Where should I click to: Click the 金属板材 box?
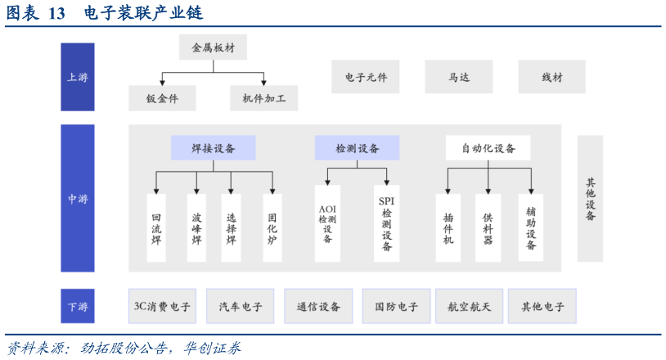(213, 47)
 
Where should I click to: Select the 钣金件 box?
(162, 98)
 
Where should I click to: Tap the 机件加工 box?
(263, 98)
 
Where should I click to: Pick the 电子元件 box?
(365, 77)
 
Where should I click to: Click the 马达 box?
(458, 77)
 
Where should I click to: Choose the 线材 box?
(551, 77)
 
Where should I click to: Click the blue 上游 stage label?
(78, 77)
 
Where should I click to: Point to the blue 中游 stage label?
(78, 198)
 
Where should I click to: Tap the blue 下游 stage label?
(78, 307)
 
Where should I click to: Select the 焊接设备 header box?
(213, 148)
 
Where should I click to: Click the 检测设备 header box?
(357, 148)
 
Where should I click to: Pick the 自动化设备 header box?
(488, 148)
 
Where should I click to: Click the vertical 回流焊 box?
(156, 228)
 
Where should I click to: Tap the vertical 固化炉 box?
(272, 228)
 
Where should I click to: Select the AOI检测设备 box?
(327, 223)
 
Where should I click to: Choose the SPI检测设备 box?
(386, 223)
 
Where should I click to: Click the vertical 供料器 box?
(488, 228)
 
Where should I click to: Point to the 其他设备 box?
(590, 199)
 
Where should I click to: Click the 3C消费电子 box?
(162, 307)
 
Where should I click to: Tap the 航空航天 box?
(469, 307)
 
